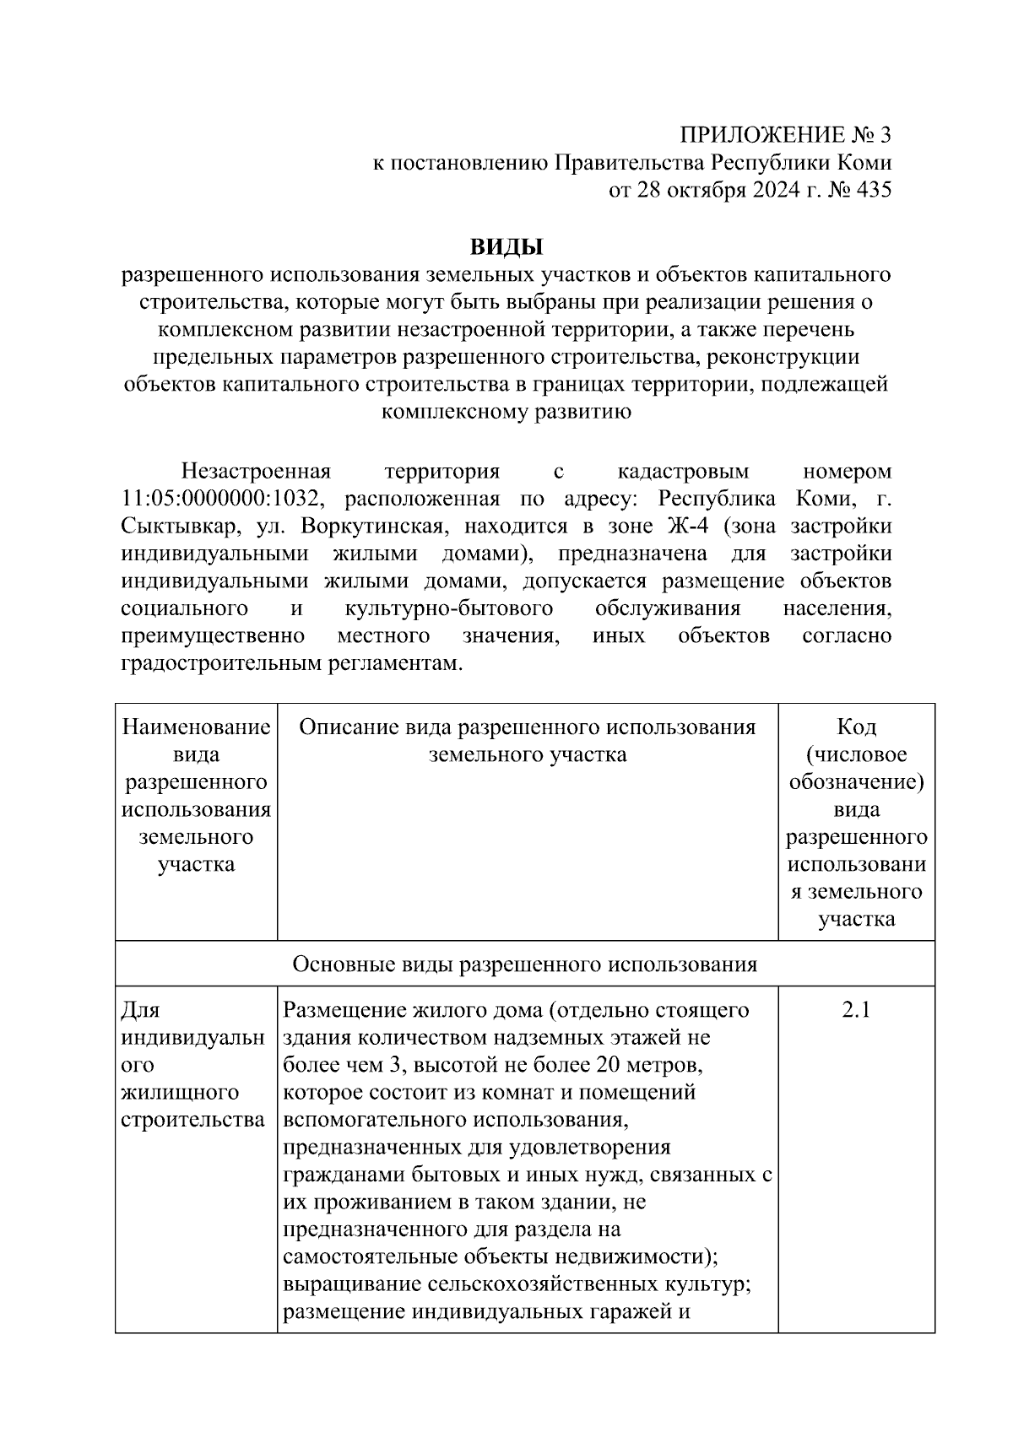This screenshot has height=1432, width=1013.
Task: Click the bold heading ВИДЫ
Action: tap(506, 247)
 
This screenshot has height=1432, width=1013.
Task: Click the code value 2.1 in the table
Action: tap(856, 1009)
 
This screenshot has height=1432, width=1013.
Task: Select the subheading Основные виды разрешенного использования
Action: tap(524, 964)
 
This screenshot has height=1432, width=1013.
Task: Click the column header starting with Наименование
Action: tap(196, 727)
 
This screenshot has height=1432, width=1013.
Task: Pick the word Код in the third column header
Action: tap(856, 727)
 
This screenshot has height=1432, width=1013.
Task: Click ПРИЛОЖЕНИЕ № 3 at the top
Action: tap(785, 135)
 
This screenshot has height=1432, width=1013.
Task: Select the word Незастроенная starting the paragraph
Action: tap(256, 471)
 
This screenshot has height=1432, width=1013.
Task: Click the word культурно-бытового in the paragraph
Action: tap(449, 608)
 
